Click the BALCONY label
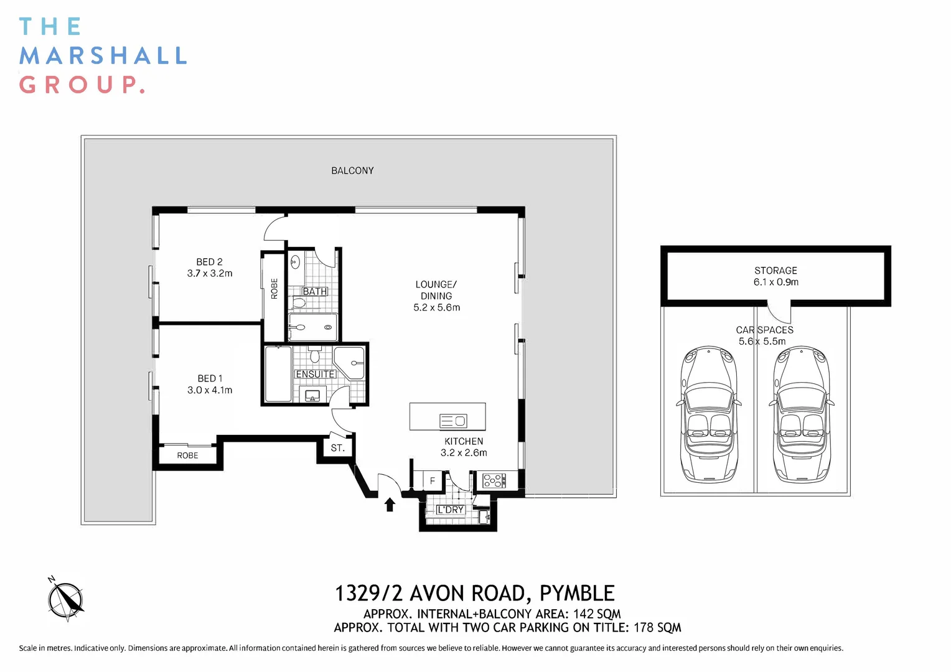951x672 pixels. [352, 170]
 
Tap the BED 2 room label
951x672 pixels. [209, 262]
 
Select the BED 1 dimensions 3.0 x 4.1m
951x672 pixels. [210, 390]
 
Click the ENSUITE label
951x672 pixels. [316, 374]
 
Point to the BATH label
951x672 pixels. [315, 292]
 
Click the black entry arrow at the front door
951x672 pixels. [390, 505]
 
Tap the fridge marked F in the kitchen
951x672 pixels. [433, 480]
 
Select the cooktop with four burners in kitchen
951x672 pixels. [495, 480]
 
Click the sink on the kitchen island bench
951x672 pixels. [454, 421]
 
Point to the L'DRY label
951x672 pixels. [451, 510]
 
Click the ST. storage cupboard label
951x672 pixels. [337, 448]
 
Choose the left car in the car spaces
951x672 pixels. [709, 415]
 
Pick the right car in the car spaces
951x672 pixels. [802, 415]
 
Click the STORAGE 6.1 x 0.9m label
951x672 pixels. [775, 276]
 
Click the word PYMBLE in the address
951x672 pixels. [577, 594]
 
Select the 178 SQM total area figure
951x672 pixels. [657, 627]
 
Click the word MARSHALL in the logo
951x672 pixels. [103, 55]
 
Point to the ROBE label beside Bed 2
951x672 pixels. [274, 289]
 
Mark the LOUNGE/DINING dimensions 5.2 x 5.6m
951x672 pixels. [437, 307]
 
